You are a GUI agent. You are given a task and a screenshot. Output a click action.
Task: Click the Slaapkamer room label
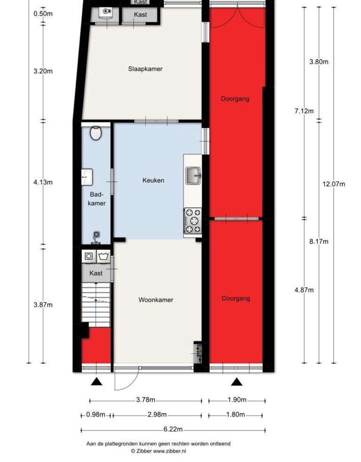[145, 69]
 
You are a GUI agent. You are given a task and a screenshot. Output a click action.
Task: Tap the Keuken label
[153, 180]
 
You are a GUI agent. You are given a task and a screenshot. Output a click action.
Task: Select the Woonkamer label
[156, 300]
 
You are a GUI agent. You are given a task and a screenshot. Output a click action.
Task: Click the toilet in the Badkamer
[96, 133]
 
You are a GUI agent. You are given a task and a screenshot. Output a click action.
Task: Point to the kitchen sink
[193, 176]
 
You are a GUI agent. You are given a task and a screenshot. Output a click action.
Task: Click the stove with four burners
[193, 221]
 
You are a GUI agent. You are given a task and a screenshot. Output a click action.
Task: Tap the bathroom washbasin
[86, 177]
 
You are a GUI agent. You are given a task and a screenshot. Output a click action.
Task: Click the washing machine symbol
[88, 256]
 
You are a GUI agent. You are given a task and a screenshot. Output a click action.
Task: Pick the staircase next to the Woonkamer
[96, 305]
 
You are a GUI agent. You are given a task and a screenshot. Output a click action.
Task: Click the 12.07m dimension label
[334, 184]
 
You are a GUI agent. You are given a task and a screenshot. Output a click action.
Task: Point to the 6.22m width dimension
[173, 429]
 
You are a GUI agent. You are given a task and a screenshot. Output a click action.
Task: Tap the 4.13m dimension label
[43, 182]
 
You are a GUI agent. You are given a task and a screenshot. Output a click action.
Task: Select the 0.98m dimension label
[95, 415]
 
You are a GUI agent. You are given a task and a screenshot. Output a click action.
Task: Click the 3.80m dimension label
[319, 62]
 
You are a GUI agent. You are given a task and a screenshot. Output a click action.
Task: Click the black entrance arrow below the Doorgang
[236, 382]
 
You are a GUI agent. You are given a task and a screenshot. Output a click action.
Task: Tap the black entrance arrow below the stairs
[96, 382]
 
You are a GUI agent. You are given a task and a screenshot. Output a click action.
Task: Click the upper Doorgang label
[235, 99]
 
